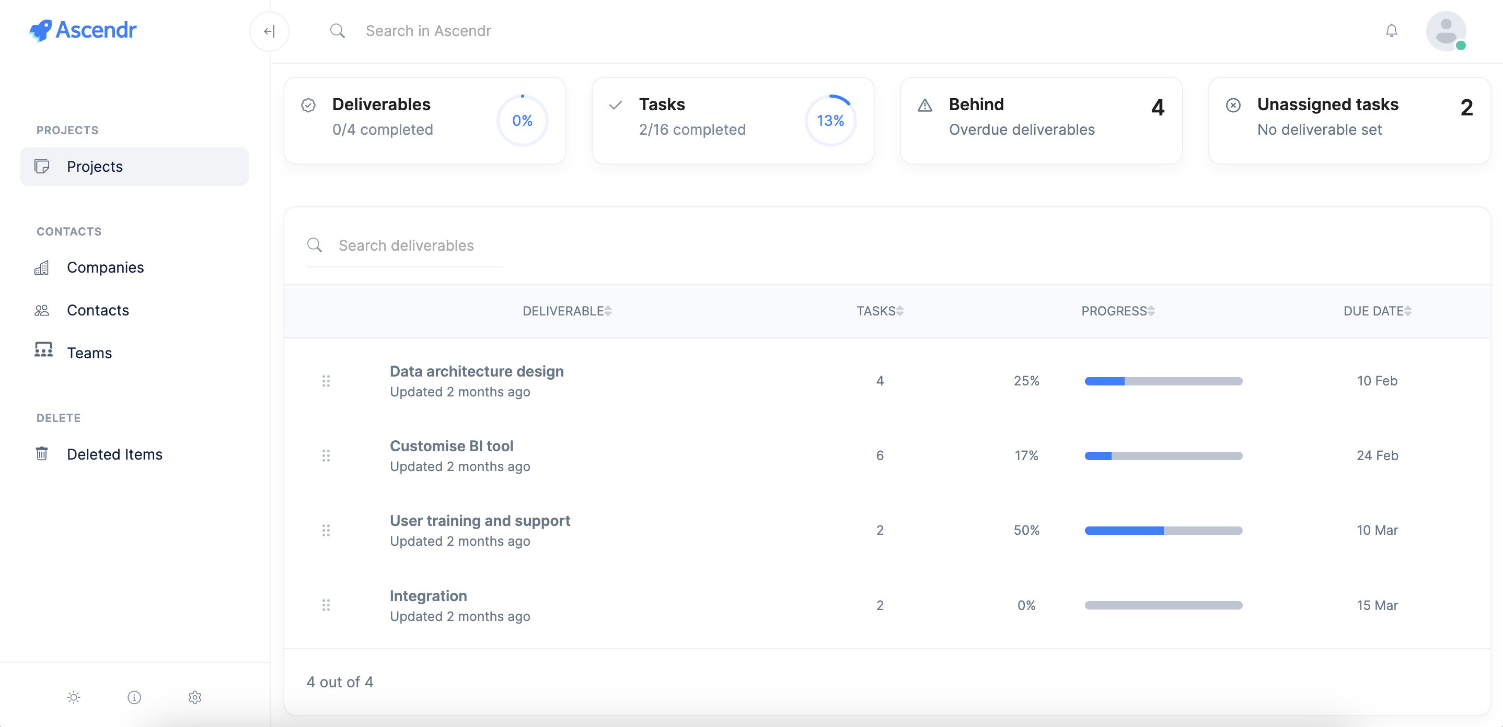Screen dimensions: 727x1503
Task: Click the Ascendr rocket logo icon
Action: tap(40, 30)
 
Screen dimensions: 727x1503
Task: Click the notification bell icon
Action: tap(1391, 30)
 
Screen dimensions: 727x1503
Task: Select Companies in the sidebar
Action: tap(105, 267)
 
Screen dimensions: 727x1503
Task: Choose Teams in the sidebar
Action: tap(89, 353)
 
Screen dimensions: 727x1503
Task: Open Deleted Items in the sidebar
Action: tap(114, 454)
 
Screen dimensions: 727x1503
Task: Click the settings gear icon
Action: tap(195, 697)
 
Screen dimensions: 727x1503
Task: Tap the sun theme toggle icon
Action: tap(74, 697)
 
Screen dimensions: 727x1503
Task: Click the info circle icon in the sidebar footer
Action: tap(134, 697)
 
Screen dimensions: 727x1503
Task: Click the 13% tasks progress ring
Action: tap(830, 121)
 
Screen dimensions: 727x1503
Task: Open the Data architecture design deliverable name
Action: tap(477, 371)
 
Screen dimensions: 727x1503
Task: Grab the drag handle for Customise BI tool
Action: tap(326, 455)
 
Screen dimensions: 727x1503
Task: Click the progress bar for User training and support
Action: tap(1163, 531)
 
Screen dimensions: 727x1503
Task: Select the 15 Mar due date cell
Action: tap(1377, 605)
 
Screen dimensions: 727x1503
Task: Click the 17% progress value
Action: tap(1026, 455)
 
